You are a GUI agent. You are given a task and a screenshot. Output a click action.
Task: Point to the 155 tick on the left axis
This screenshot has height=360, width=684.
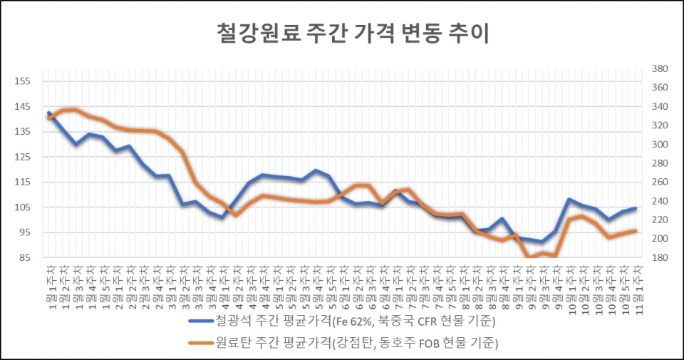[23, 81]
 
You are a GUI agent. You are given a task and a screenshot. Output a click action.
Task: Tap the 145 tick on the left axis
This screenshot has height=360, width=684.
[23, 106]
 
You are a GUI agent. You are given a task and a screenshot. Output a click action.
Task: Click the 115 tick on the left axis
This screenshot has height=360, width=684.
[23, 182]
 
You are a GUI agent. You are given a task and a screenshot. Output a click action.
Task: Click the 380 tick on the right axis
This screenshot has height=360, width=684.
[658, 69]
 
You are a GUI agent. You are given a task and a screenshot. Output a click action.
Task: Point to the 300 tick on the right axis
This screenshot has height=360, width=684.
[658, 145]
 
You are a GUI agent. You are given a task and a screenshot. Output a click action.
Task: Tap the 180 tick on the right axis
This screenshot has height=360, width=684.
[658, 257]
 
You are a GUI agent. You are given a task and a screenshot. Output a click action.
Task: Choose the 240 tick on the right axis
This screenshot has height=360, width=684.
[658, 201]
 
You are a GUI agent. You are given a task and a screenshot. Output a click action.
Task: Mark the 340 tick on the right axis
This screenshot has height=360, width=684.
[658, 107]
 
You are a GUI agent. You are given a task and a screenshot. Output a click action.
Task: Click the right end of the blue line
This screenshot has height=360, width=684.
[635, 208]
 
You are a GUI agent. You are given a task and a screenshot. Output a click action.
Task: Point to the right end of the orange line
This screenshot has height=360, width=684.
[635, 230]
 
